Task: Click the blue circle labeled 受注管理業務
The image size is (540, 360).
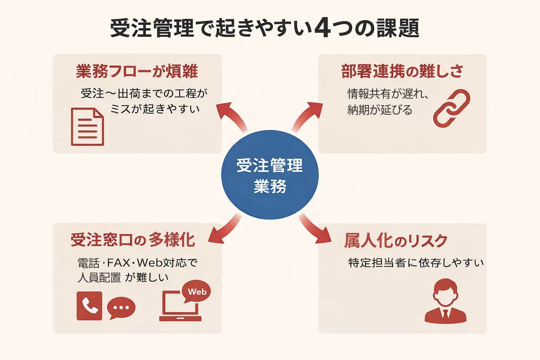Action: click(270, 175)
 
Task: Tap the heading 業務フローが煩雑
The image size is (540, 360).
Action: click(137, 71)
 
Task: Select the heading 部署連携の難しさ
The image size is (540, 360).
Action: click(402, 71)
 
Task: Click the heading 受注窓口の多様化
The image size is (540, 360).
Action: click(133, 240)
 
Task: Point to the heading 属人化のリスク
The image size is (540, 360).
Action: click(396, 241)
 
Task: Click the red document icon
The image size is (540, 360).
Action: click(88, 127)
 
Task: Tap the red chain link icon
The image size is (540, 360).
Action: click(451, 108)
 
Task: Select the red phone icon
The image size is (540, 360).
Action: click(89, 306)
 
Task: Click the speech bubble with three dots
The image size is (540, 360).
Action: click(121, 308)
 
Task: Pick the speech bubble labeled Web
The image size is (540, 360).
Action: click(197, 291)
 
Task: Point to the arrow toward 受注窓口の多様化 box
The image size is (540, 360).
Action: click(224, 230)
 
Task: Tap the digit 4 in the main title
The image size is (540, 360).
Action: click(323, 28)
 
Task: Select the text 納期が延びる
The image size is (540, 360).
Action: click(380, 110)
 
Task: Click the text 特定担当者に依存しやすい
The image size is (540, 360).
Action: click(416, 263)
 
